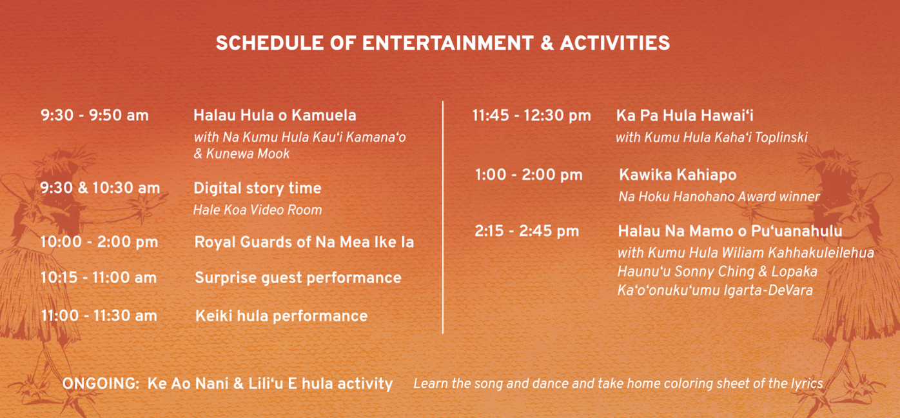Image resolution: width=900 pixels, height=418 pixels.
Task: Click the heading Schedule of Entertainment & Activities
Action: [443, 43]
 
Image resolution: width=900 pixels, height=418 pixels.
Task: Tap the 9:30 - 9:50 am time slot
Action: [95, 115]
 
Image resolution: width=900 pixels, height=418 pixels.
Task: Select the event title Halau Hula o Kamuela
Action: [275, 115]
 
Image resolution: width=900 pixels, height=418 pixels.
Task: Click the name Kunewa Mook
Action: [248, 154]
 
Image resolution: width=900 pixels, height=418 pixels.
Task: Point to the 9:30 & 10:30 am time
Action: [100, 188]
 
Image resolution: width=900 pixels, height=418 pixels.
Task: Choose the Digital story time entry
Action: [257, 188]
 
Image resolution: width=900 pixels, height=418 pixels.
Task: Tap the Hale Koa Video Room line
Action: [257, 210]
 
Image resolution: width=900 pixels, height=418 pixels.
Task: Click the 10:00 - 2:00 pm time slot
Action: [99, 241]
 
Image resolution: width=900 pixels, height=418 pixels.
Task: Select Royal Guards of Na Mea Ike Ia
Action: [304, 242]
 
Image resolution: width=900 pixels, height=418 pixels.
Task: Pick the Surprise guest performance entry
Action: [298, 278]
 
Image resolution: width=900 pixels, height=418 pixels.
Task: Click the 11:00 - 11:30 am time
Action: [99, 315]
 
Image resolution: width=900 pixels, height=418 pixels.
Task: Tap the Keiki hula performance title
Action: [281, 316]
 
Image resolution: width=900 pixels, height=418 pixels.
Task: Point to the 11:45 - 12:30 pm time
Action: [532, 115]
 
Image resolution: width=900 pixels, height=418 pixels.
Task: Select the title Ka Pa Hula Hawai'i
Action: [685, 115]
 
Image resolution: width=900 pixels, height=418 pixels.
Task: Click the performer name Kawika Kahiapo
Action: [678, 175]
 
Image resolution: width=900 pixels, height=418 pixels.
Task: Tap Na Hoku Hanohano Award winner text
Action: [719, 197]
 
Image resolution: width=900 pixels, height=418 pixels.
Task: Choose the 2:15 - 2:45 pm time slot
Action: [527, 231]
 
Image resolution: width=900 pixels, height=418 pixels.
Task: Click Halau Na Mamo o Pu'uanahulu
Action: [730, 231]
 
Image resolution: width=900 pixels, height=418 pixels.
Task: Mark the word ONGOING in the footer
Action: [101, 383]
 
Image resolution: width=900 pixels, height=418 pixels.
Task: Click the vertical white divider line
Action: [443, 217]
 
